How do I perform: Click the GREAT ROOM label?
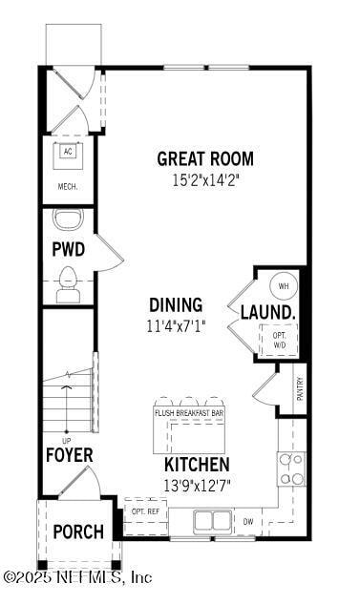205,158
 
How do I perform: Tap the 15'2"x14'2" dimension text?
205,177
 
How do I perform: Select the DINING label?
176,305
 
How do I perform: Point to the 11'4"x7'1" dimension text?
176,325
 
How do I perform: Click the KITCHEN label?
197,465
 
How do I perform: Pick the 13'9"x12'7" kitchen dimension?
197,484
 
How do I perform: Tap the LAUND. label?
267,312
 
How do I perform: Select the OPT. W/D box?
280,339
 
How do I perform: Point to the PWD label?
68,250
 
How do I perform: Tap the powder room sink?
68,220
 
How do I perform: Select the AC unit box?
68,153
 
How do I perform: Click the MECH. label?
68,187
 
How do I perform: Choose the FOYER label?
69,455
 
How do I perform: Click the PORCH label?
77,531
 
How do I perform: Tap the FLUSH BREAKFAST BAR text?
189,413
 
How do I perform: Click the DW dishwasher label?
247,522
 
